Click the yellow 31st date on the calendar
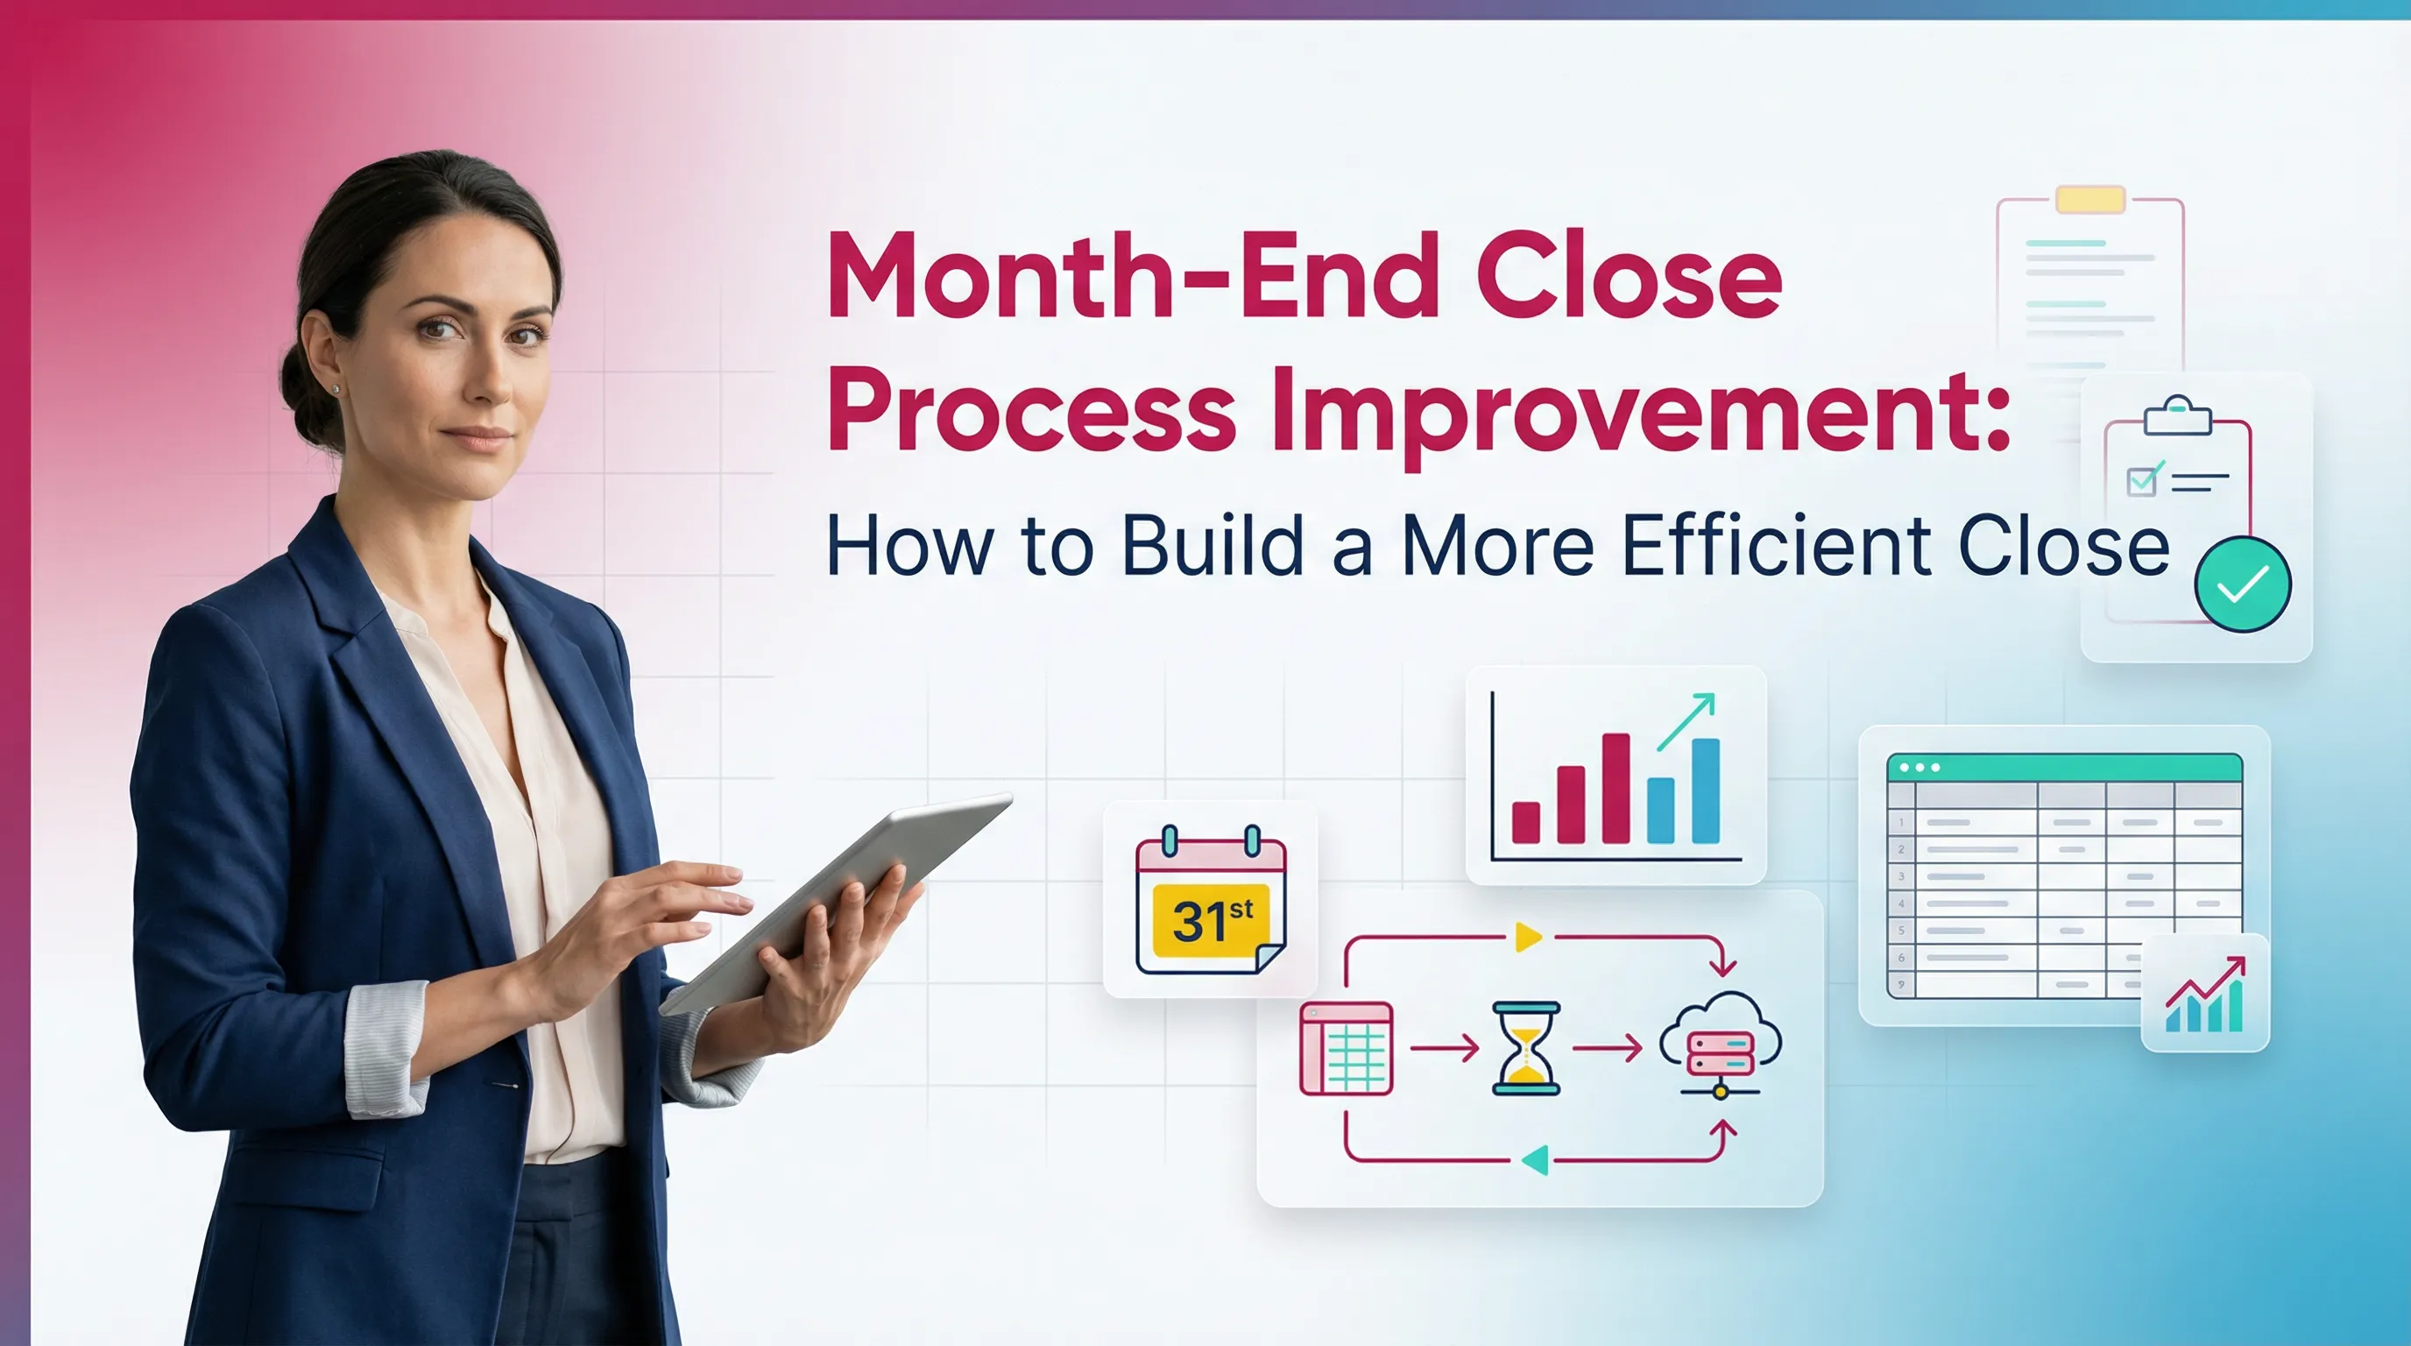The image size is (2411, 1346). tap(1211, 920)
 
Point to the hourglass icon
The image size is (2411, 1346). tap(1525, 1048)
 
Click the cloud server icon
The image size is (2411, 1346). tap(1721, 1044)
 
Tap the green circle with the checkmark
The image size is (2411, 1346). tap(2243, 584)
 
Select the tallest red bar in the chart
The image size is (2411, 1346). tap(1616, 788)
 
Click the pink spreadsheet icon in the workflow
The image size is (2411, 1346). tap(1346, 1048)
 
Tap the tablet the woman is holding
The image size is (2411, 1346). tap(842, 898)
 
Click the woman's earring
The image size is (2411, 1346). tap(335, 388)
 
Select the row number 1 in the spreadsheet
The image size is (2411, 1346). tap(1901, 823)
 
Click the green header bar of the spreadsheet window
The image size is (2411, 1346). tap(2064, 768)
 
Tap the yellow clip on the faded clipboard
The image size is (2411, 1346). tap(2090, 200)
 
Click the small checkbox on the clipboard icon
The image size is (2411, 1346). tap(2141, 481)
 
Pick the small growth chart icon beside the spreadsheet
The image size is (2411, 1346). tap(2205, 994)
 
